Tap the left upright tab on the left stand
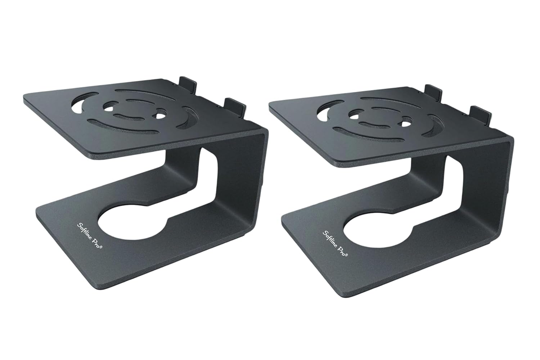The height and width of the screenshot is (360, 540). pos(187,84)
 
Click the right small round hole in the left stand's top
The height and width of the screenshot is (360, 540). pos(158,116)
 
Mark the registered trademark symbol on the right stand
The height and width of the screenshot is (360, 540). pos(347,255)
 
